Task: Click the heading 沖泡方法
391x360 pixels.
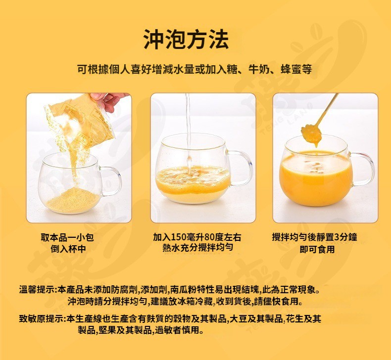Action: coord(186,39)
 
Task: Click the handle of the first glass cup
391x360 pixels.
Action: coord(111,180)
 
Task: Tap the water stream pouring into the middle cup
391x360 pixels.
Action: coord(189,132)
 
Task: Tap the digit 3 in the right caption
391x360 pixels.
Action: coord(337,237)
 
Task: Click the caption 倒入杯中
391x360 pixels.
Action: coord(68,249)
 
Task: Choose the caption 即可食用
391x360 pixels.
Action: coord(317,249)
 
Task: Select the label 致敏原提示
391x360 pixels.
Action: coord(41,318)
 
